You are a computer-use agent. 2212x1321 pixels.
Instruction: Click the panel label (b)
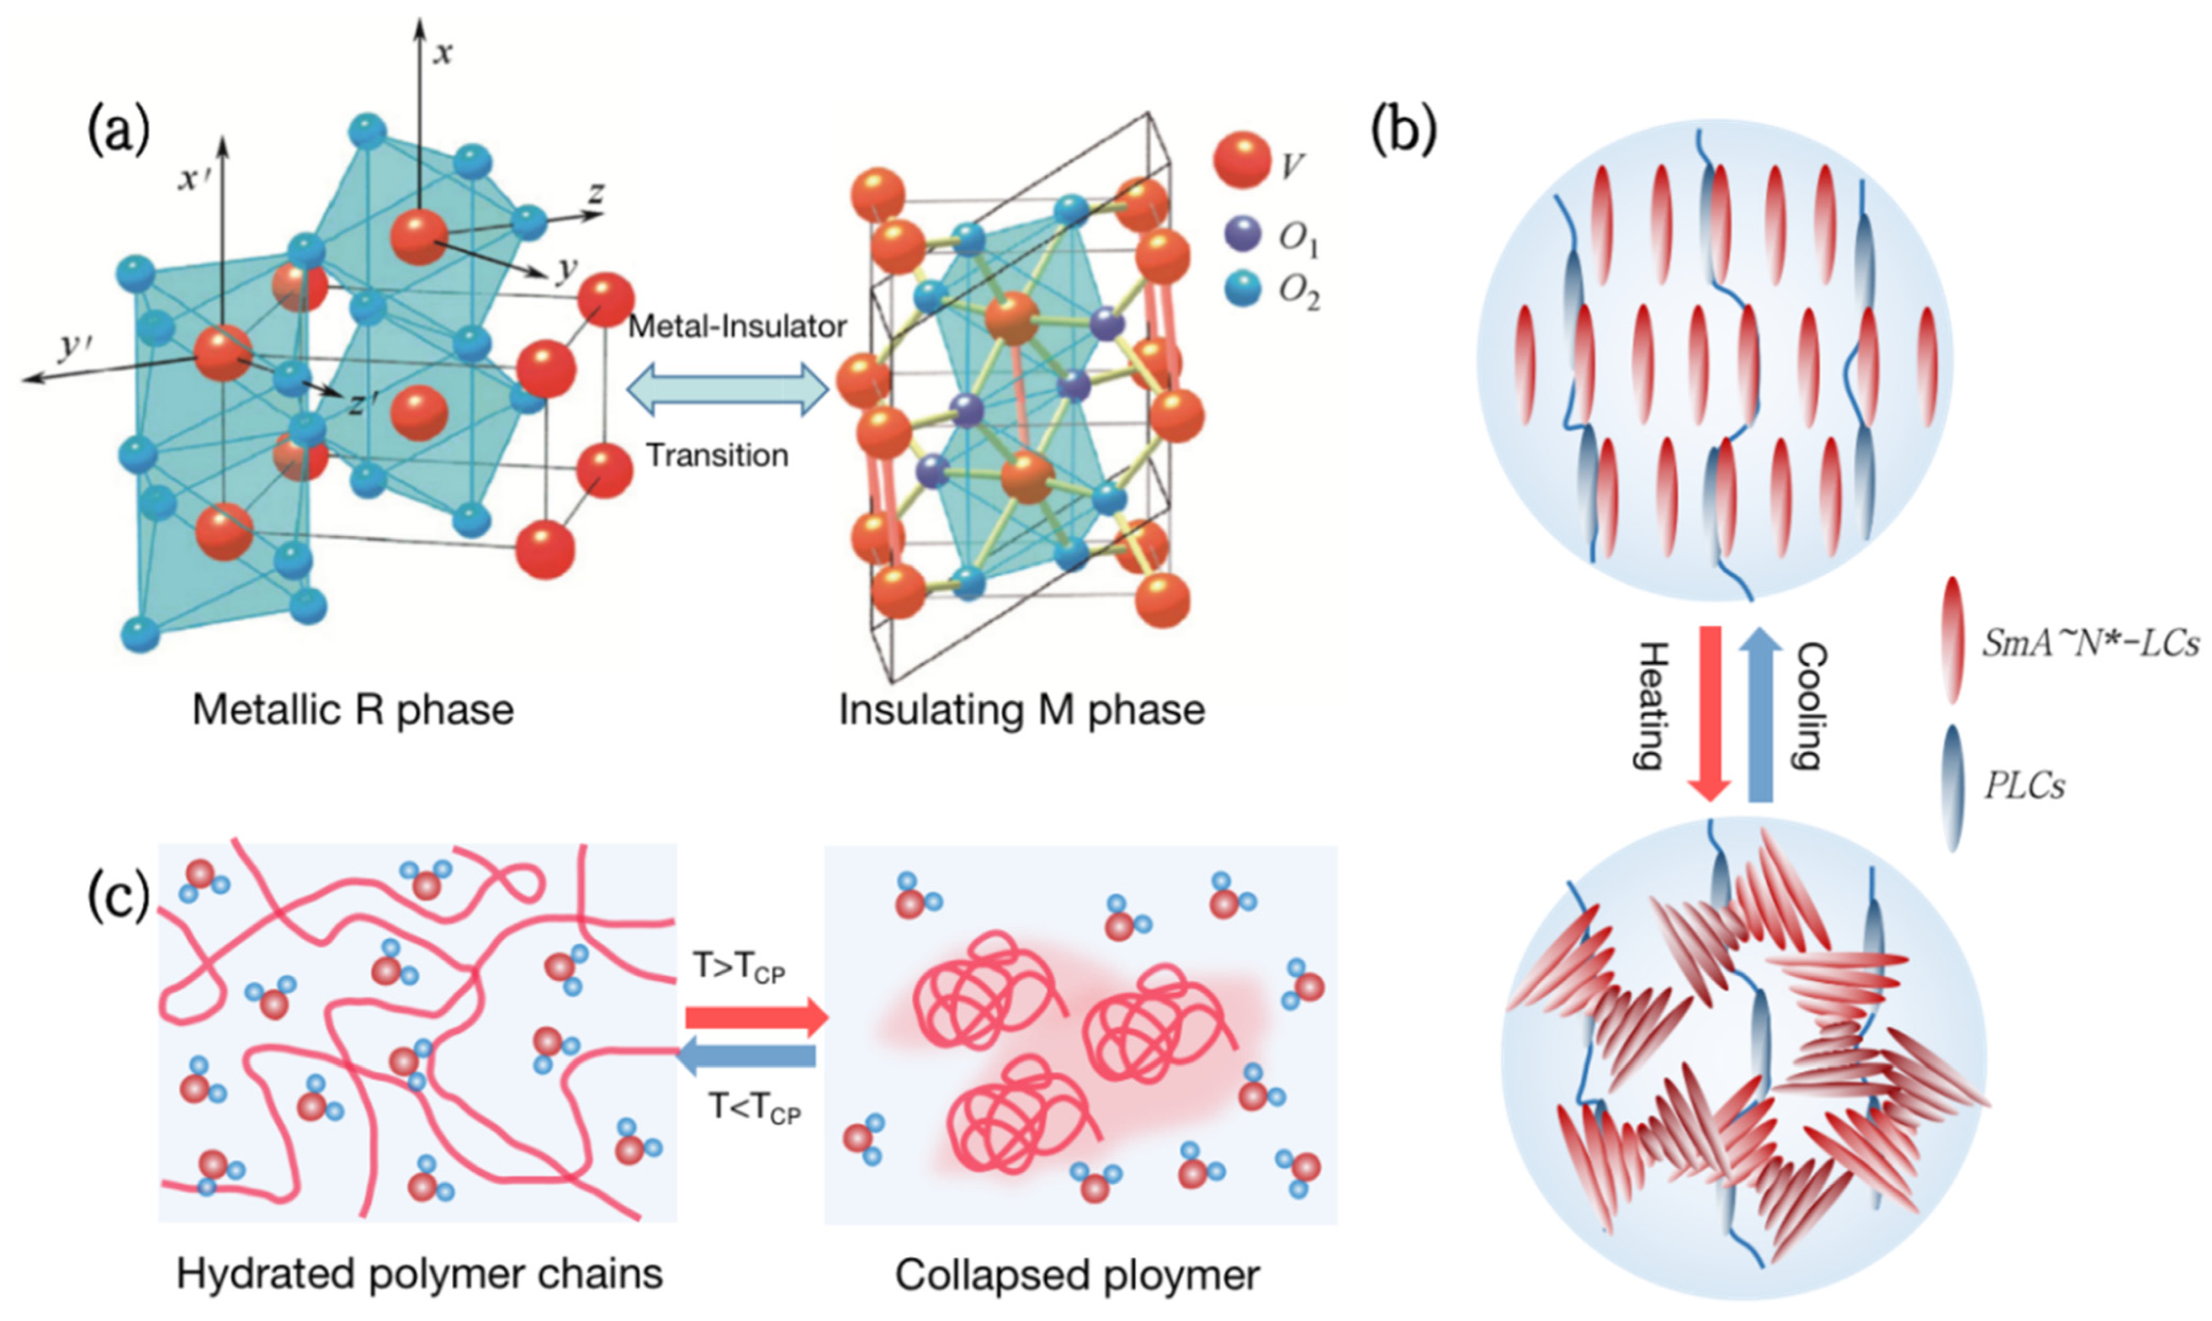pos(1404,131)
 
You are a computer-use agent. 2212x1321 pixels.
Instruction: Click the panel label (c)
pos(118,899)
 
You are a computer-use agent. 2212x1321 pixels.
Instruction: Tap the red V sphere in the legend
pos(1241,160)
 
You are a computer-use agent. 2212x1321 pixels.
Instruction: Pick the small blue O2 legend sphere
pos(1242,289)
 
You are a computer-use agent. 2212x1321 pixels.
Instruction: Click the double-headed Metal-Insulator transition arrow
pos(728,390)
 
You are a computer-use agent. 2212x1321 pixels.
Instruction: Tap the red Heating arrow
pos(1709,712)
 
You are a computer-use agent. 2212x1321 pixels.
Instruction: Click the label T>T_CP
pos(739,968)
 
